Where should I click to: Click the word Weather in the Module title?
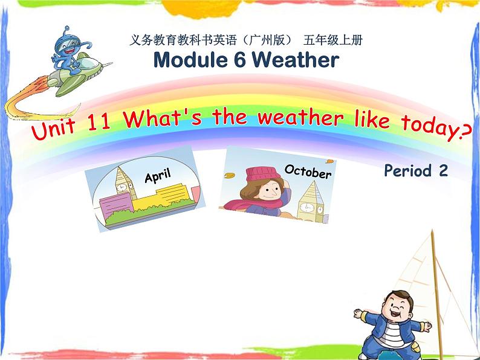point(295,60)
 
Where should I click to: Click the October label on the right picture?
point(308,172)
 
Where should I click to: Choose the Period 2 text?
point(415,171)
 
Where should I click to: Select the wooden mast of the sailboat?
point(433,266)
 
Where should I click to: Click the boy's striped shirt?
point(394,335)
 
